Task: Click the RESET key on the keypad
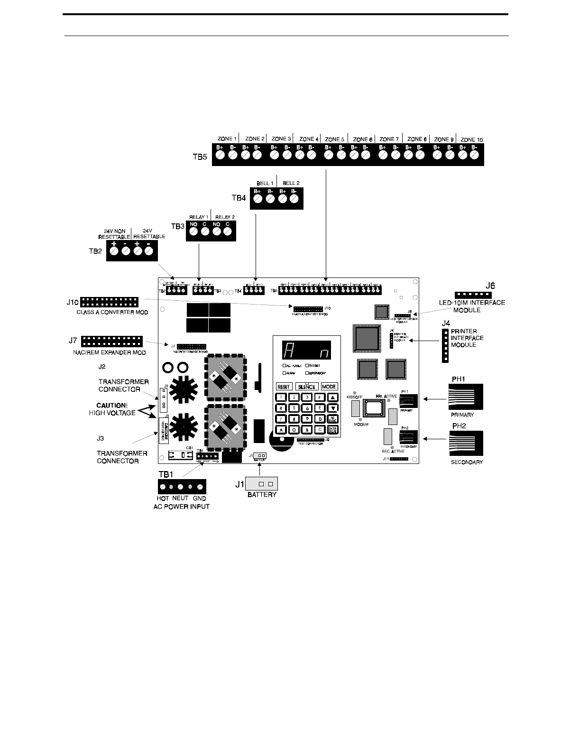284,387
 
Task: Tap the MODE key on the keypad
329,387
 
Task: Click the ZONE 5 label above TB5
335,139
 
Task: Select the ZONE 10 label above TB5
472,140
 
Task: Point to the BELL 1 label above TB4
265,183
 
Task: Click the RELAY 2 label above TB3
225,217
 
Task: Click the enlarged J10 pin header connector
110,302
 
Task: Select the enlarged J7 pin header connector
112,341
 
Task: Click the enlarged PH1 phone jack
466,397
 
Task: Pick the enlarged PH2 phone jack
466,444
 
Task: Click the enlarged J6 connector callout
473,295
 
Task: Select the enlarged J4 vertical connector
445,346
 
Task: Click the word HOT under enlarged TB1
163,499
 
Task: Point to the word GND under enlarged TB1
200,499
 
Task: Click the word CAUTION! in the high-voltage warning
112,406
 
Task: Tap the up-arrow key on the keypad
333,398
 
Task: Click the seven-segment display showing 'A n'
306,351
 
